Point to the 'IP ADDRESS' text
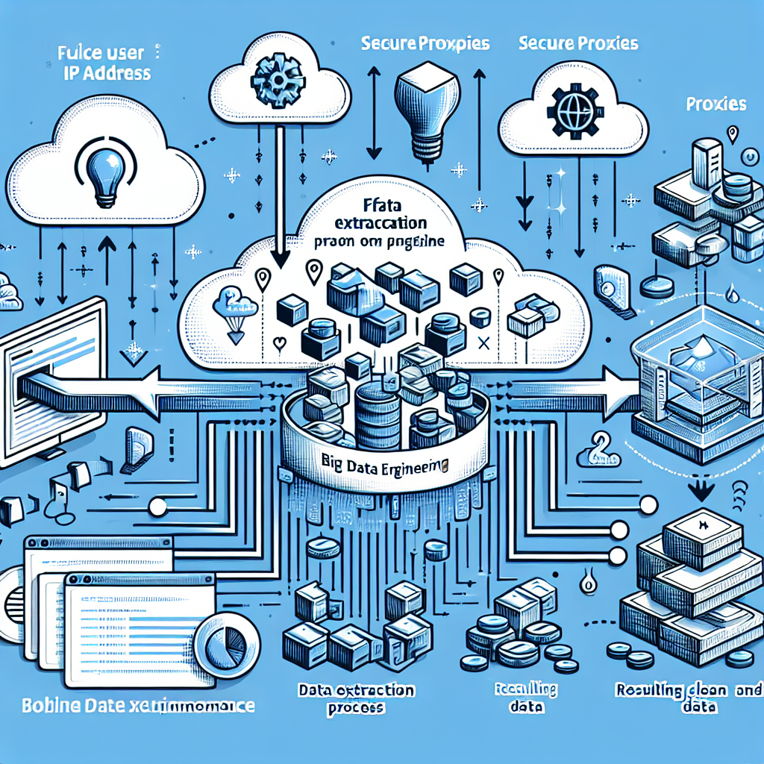pos(103,73)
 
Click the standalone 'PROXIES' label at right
pos(715,104)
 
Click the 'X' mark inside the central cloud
pos(481,343)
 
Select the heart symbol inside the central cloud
pos(278,344)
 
